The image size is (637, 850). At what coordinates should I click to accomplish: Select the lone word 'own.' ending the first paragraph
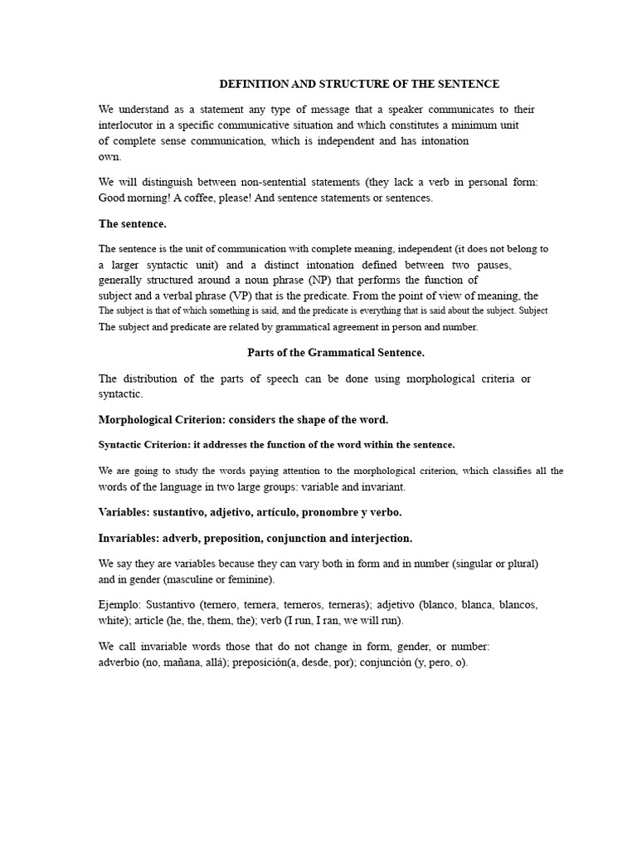[x=109, y=157]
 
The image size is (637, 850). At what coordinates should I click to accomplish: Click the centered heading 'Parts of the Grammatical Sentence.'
[x=336, y=353]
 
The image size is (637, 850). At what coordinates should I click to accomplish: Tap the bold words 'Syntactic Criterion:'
[x=147, y=445]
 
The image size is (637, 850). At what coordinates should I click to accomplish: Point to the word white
[x=112, y=620]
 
